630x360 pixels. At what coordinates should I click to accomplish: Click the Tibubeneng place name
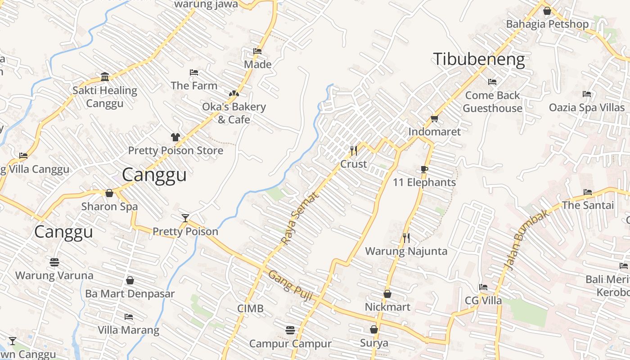(479, 59)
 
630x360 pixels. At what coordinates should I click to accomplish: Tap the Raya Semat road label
(300, 219)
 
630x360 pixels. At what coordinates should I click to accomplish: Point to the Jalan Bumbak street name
(527, 240)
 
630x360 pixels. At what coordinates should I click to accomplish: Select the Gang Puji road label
(290, 282)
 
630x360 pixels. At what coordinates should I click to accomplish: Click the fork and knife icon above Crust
(354, 150)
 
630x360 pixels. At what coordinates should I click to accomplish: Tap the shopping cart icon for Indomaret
(434, 118)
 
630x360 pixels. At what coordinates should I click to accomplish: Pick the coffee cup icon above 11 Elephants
(424, 169)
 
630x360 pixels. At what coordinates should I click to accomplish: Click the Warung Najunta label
(406, 251)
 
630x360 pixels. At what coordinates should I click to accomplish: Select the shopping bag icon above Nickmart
(387, 294)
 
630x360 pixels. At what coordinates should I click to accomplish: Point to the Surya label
(374, 343)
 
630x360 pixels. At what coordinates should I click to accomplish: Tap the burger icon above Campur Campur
(290, 330)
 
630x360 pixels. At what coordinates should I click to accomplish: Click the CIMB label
(250, 309)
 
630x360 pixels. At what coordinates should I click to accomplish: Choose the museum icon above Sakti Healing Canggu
(105, 76)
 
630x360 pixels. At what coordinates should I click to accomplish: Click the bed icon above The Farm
(194, 72)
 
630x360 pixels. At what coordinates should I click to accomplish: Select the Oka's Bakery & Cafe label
(234, 113)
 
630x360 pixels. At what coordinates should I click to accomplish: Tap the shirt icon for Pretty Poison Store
(175, 137)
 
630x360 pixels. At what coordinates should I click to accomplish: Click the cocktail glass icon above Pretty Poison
(185, 218)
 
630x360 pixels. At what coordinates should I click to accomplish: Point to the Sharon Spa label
(109, 207)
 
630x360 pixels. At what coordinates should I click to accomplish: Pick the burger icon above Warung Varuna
(54, 262)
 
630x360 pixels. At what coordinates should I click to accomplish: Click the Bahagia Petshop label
(547, 24)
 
